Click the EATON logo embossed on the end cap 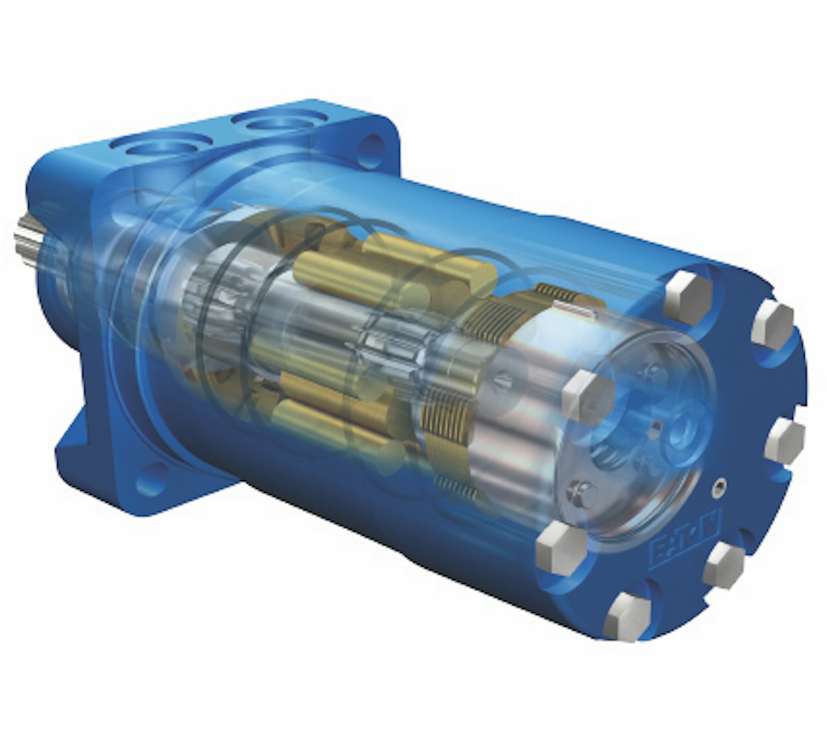click(x=684, y=543)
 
